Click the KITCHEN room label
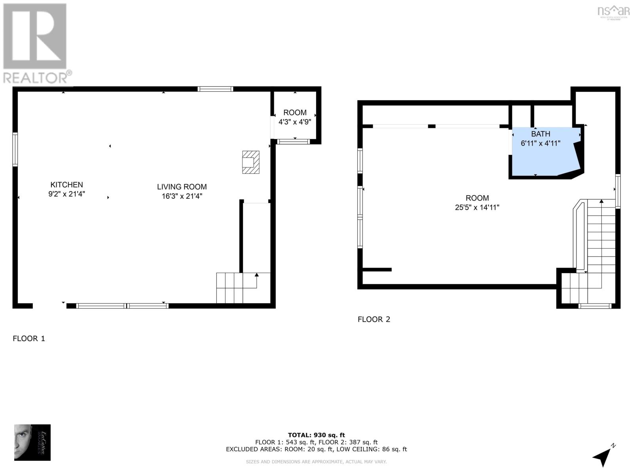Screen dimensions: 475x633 [66, 184]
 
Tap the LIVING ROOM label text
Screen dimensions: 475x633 [182, 187]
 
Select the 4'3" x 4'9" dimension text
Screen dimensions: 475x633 [295, 122]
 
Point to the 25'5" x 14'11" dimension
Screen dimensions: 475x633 [477, 207]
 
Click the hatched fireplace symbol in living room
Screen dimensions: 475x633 [250, 162]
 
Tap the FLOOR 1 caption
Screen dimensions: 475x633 [29, 338]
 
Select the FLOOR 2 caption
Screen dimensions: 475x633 [374, 319]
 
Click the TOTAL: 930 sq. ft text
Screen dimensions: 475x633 [316, 435]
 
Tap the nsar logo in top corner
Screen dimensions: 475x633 [613, 11]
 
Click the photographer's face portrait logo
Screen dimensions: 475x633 [32, 442]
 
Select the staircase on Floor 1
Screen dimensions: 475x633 [237, 288]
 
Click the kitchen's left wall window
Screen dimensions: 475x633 [15, 149]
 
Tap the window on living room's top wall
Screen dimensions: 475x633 [215, 89]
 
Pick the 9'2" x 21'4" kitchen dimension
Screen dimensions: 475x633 [66, 194]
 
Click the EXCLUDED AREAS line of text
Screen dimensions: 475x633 [316, 449]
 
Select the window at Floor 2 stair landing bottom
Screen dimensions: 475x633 [595, 306]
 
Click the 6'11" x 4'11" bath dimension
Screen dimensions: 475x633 [540, 143]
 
